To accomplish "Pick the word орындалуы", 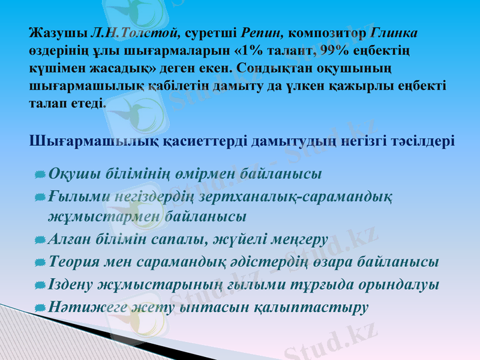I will point(396,284).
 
